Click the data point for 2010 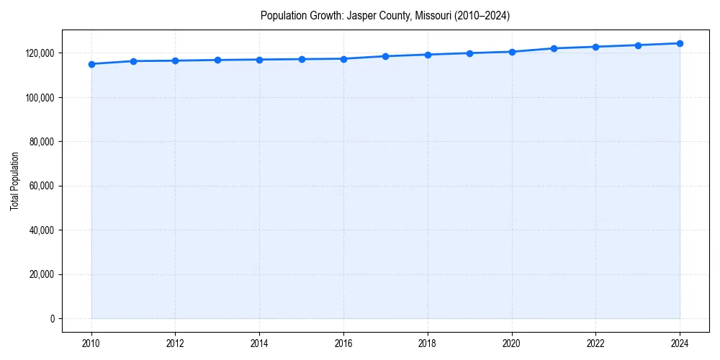91,64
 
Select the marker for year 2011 133,61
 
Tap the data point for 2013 217,60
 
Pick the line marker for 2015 302,59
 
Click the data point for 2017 386,56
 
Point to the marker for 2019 469,53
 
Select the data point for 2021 554,48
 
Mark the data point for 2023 638,45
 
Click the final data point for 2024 680,43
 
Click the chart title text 385,16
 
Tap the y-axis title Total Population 14,181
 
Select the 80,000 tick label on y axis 42,142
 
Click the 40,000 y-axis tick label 42,230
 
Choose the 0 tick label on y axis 52,319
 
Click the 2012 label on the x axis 176,343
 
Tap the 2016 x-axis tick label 343,343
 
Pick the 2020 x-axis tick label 512,343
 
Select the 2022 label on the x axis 595,343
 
